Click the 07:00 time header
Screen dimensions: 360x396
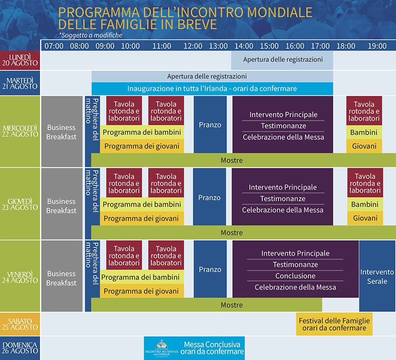(x=55, y=46)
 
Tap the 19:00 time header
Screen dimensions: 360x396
(x=377, y=46)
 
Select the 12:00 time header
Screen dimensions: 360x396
(x=193, y=46)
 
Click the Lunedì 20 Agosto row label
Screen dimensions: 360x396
(x=20, y=60)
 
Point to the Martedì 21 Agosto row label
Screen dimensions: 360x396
(x=20, y=83)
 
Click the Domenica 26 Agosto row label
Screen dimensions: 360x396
(x=20, y=348)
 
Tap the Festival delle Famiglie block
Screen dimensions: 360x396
(x=334, y=324)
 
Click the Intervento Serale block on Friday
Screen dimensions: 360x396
(x=377, y=276)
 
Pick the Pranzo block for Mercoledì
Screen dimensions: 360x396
(x=210, y=125)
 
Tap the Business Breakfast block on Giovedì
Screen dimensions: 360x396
(x=61, y=206)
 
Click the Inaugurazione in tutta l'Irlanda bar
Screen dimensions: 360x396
(x=212, y=88)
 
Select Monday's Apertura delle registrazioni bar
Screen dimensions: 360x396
(x=283, y=60)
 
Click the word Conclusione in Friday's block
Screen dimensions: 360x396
(x=295, y=276)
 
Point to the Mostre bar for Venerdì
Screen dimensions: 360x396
(x=206, y=305)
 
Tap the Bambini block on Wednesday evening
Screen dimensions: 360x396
(x=364, y=132)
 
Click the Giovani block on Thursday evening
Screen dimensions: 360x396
(x=365, y=218)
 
